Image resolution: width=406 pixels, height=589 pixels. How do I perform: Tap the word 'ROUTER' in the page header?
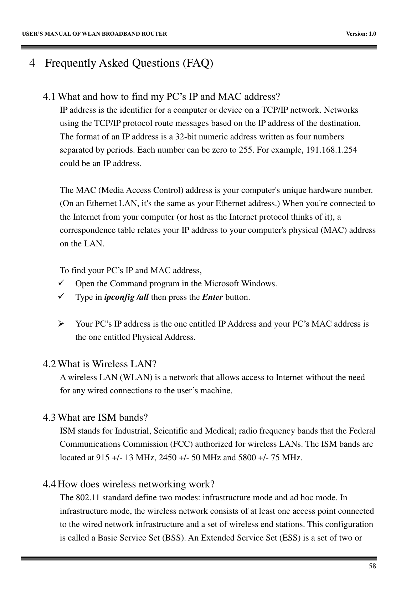click(x=156, y=34)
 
